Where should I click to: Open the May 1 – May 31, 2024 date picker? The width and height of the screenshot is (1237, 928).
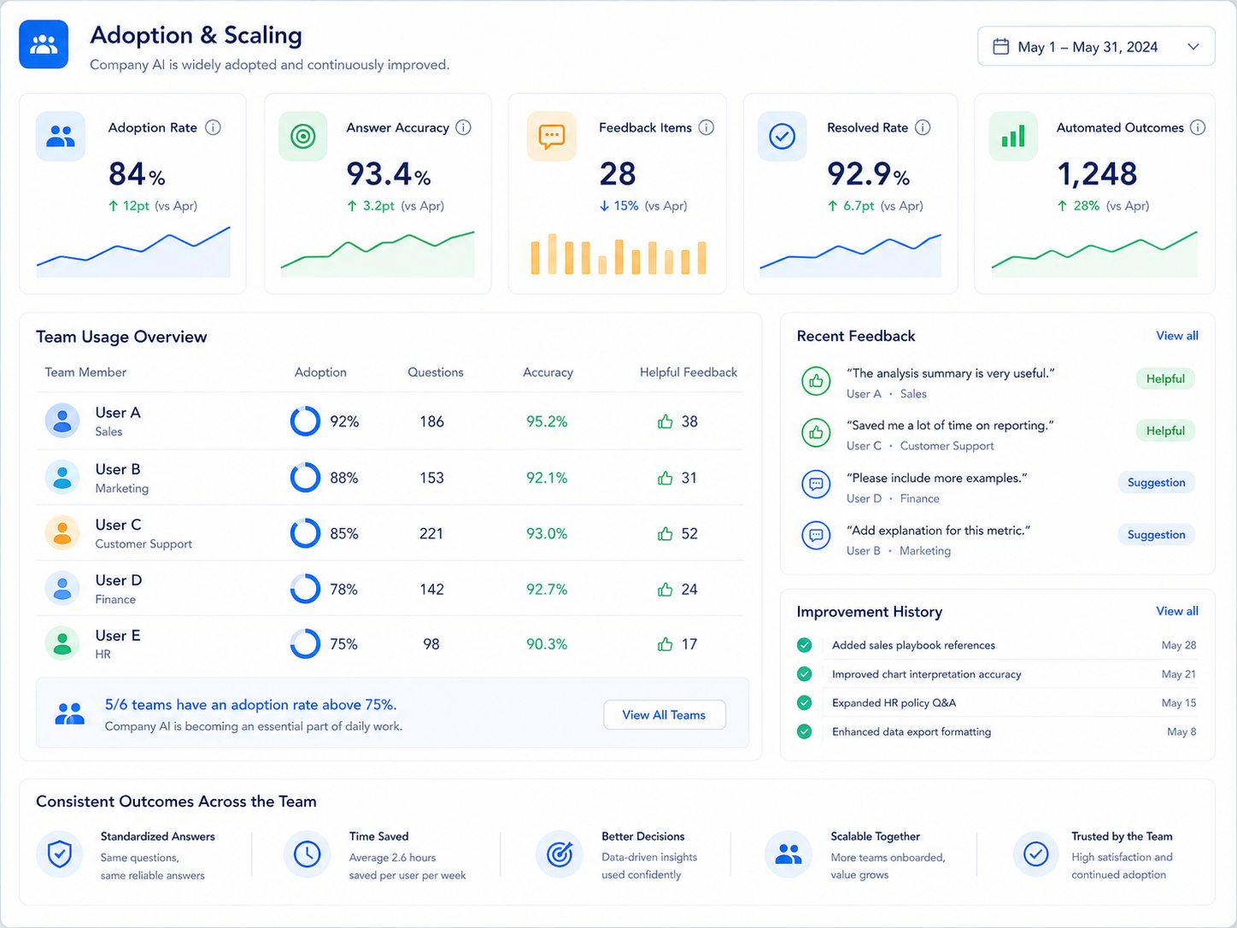(1095, 46)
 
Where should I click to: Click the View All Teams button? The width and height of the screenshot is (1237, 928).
(664, 714)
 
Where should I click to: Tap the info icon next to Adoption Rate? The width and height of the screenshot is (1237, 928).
(213, 127)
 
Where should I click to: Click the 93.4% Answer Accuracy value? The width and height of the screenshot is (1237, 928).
(389, 174)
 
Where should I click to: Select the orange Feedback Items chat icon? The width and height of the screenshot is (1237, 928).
(551, 137)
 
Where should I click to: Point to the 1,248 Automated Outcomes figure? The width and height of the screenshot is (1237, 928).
(1097, 174)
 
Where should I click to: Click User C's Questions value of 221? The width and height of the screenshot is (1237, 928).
(431, 533)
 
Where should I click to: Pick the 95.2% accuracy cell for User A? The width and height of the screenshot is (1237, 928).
(547, 421)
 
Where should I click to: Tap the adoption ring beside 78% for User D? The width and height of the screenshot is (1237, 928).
(305, 588)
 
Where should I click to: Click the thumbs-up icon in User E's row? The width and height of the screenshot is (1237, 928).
(665, 644)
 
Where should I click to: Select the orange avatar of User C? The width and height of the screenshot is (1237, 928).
(62, 532)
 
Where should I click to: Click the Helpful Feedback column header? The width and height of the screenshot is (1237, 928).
(688, 372)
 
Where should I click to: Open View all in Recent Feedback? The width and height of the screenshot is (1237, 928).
(1177, 336)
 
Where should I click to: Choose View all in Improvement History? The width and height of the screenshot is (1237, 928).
(1177, 611)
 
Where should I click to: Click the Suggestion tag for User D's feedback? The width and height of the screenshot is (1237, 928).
(1157, 482)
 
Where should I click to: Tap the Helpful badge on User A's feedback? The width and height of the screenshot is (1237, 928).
(1165, 379)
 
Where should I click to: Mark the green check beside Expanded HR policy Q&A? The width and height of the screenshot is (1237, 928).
(805, 702)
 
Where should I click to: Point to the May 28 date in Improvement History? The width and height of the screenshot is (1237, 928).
(1178, 645)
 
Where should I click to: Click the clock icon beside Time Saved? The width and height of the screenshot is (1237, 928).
(308, 855)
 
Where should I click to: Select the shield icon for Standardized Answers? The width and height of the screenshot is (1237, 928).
(60, 855)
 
